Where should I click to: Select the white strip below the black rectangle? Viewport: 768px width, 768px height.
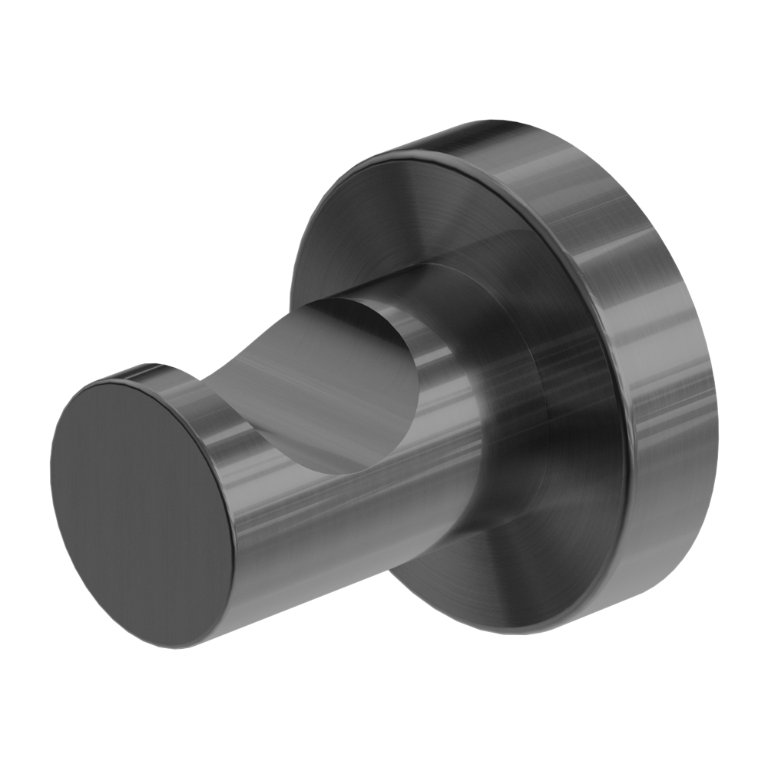click(x=384, y=707)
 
